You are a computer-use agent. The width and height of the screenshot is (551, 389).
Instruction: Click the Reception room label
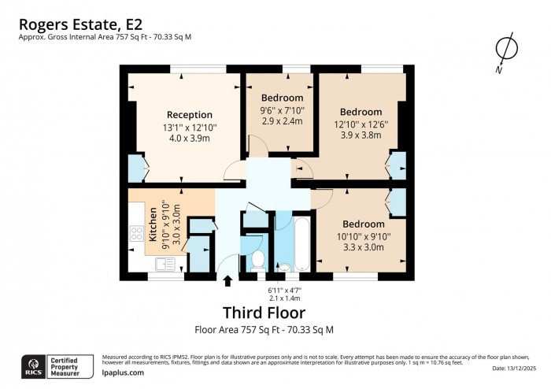190,114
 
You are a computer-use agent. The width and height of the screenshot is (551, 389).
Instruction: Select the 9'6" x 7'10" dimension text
281,110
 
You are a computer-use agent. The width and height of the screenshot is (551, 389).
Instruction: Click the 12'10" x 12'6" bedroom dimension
361,124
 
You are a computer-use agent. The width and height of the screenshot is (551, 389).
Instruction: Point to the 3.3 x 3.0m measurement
363,246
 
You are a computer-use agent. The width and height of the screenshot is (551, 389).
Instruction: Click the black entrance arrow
228,281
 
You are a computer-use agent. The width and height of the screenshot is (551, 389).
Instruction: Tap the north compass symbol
505,51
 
